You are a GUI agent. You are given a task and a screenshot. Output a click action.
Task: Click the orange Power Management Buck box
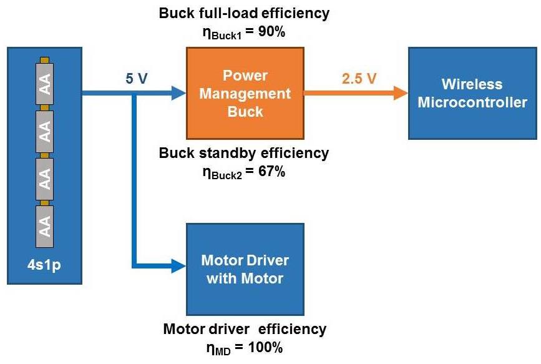pyautogui.click(x=245, y=93)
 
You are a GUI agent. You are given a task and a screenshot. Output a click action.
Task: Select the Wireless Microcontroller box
pyautogui.click(x=472, y=93)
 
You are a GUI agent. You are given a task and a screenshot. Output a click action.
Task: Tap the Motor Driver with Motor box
pyautogui.click(x=245, y=269)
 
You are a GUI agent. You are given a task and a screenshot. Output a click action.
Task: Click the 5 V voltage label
pyautogui.click(x=136, y=79)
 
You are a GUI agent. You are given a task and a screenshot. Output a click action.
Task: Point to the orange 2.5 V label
pyautogui.click(x=359, y=79)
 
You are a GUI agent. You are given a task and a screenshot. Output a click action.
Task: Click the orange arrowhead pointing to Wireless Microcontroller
pyautogui.click(x=401, y=93)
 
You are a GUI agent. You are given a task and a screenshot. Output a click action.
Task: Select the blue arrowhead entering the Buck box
pyautogui.click(x=179, y=93)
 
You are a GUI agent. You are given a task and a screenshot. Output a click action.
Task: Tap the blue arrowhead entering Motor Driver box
pyautogui.click(x=179, y=266)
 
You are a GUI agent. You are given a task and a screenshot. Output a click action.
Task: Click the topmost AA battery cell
pyautogui.click(x=44, y=83)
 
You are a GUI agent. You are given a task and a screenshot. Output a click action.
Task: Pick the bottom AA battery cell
pyautogui.click(x=44, y=227)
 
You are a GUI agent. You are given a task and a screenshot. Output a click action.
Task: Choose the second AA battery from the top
pyautogui.click(x=44, y=131)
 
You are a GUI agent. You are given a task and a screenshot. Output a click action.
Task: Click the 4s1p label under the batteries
pyautogui.click(x=44, y=265)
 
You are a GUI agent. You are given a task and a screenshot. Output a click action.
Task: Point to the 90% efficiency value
pyautogui.click(x=271, y=32)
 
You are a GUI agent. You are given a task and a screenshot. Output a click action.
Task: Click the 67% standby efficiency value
pyautogui.click(x=271, y=171)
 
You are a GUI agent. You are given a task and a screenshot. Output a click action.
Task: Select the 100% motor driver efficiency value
pyautogui.click(x=265, y=347)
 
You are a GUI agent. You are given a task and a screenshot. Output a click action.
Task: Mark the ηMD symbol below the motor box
pyautogui.click(x=218, y=349)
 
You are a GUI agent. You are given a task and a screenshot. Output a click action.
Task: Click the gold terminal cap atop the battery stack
pyautogui.click(x=44, y=60)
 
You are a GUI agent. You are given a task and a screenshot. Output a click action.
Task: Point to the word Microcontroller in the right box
pyautogui.click(x=472, y=102)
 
